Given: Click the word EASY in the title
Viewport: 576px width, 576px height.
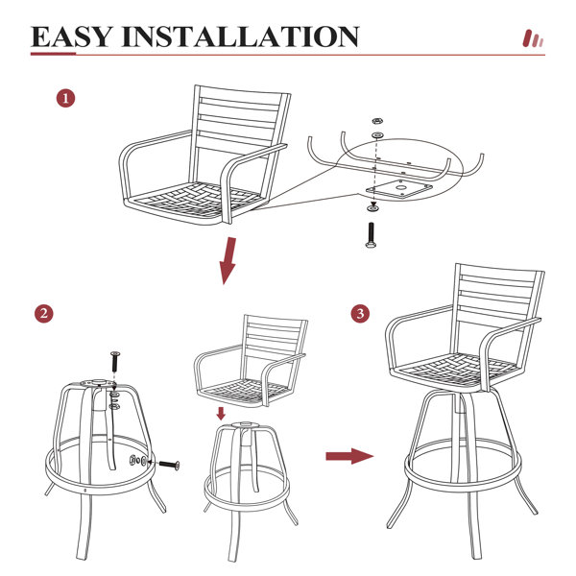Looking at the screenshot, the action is [x=71, y=36].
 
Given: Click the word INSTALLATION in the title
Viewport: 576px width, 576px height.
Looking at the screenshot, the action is [x=241, y=36].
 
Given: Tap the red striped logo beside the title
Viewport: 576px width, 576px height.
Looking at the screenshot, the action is [x=533, y=38].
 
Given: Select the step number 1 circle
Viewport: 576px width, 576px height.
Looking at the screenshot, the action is [x=65, y=99].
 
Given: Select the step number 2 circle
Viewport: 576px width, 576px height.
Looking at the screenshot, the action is [x=44, y=314].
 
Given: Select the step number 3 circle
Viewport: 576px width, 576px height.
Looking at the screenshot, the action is [x=360, y=313].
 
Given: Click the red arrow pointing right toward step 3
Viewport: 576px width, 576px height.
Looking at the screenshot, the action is [x=349, y=456].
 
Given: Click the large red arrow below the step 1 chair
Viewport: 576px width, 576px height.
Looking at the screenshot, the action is [x=228, y=260].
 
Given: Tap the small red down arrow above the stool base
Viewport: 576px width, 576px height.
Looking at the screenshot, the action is [x=221, y=413].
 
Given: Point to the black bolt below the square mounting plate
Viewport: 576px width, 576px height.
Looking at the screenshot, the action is [x=371, y=235].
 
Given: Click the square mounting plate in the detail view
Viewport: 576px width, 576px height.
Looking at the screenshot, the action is [x=399, y=189].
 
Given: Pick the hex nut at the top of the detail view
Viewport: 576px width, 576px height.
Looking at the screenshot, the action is [x=376, y=121].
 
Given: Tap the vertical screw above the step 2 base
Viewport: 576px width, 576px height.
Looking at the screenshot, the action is [x=115, y=361].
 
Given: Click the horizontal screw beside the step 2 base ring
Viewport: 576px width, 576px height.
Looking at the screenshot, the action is [x=169, y=465].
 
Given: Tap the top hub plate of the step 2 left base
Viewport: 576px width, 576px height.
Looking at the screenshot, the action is [x=96, y=383].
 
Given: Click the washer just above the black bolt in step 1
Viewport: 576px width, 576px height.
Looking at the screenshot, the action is [x=372, y=208].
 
